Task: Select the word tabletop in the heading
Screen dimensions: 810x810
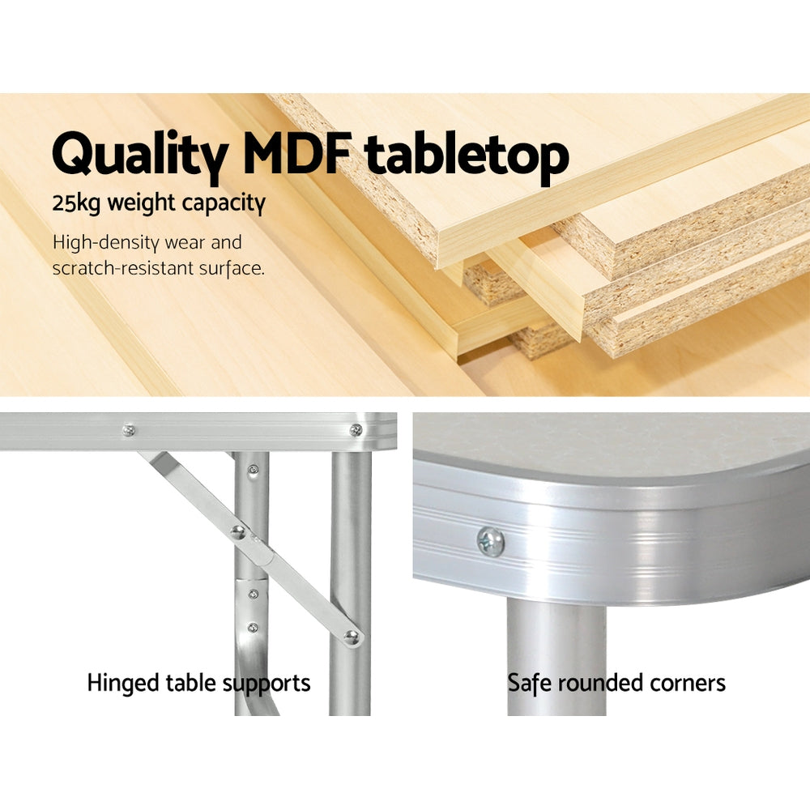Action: (467, 155)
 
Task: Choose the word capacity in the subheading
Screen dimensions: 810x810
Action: (226, 204)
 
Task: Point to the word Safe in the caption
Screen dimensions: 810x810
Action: (529, 683)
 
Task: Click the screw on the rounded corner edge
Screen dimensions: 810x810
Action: (491, 541)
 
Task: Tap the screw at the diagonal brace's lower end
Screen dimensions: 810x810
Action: (351, 636)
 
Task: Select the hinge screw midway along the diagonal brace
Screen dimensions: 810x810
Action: (238, 532)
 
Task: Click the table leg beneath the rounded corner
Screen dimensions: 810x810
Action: (556, 648)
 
